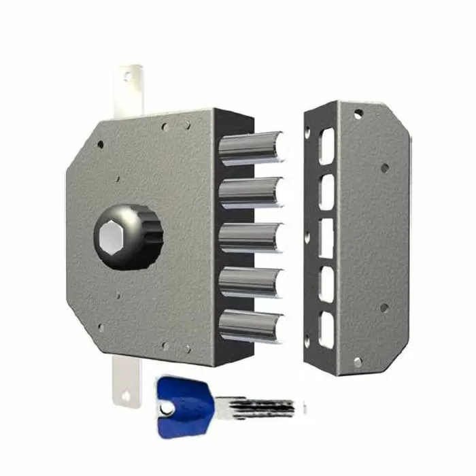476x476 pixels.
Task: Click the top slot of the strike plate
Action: [328, 147]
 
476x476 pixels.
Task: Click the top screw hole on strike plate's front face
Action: [358, 114]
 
